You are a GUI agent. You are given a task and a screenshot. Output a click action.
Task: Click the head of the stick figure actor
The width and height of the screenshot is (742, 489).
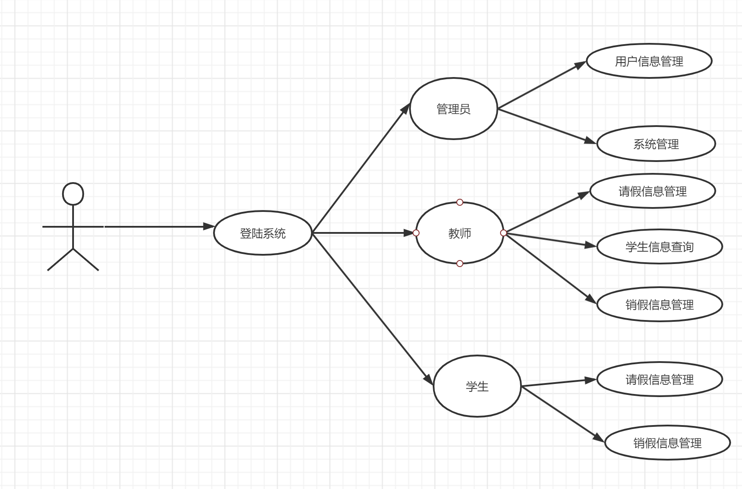click(x=73, y=194)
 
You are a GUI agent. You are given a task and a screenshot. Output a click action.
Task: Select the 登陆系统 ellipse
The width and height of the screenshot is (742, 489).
click(x=262, y=233)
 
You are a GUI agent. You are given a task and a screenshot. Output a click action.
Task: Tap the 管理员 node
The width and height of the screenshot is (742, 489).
click(x=453, y=109)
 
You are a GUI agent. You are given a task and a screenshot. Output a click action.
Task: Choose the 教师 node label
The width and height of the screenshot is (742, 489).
click(x=459, y=233)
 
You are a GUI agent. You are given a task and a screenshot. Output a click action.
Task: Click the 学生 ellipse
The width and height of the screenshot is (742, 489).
click(x=477, y=386)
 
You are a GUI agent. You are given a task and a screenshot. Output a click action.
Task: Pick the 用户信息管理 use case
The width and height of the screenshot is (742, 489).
click(x=649, y=61)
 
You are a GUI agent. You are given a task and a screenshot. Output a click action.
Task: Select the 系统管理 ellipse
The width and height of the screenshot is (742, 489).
click(x=656, y=144)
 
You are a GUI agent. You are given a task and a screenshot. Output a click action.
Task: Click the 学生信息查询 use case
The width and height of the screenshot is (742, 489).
click(x=659, y=247)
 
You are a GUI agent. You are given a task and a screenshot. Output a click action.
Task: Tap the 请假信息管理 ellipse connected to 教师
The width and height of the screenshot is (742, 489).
click(x=652, y=191)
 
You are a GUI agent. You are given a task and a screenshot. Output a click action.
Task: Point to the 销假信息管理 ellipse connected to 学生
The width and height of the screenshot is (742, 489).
click(x=667, y=443)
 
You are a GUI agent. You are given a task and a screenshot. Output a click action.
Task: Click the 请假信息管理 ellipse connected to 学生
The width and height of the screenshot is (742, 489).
click(x=659, y=379)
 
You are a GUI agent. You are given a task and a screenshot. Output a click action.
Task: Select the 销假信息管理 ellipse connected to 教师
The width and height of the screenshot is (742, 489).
click(x=659, y=304)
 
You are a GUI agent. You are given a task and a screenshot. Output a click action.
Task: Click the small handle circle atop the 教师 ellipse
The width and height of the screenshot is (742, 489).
click(x=459, y=202)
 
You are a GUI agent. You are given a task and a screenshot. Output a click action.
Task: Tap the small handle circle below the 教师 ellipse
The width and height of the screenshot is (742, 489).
click(x=459, y=264)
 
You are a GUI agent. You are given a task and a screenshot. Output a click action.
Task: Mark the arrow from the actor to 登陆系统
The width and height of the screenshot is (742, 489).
click(x=157, y=227)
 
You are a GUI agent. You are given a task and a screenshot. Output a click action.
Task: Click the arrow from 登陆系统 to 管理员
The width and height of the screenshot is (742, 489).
click(x=361, y=169)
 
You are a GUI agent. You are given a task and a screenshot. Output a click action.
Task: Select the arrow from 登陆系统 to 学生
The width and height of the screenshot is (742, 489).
click(x=372, y=309)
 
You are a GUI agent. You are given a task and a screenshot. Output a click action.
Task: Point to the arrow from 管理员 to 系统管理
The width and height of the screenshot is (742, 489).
click(x=547, y=126)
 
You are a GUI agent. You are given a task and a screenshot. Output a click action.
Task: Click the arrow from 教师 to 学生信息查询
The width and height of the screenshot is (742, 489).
click(x=550, y=240)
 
